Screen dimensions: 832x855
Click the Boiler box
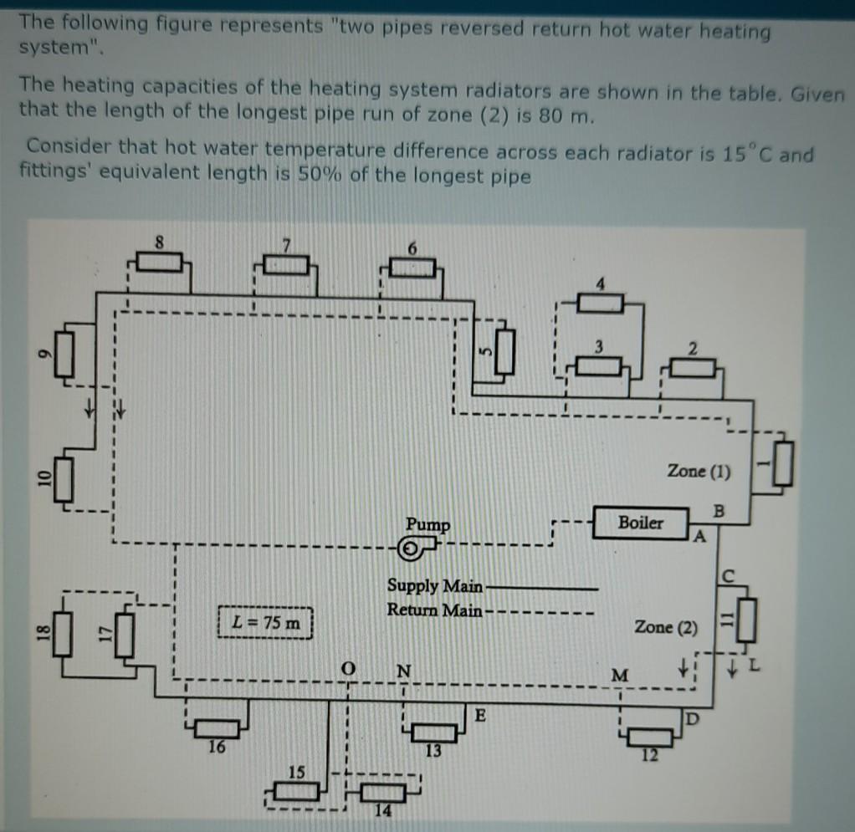(641, 523)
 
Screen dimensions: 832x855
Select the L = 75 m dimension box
(265, 623)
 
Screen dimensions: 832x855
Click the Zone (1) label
(699, 472)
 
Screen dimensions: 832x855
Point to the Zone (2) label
(665, 626)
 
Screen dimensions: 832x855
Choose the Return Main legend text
(434, 610)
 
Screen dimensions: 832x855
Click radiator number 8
(159, 263)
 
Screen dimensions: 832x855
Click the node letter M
(619, 675)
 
